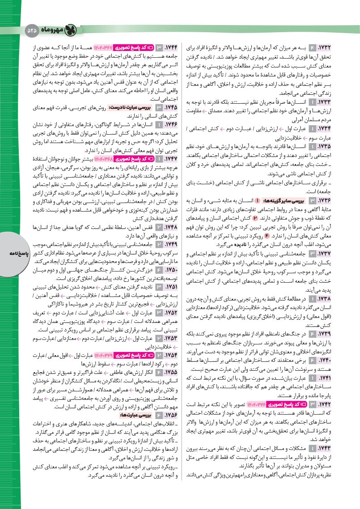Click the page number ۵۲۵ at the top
click(33, 30)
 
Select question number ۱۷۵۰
click(170, 270)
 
